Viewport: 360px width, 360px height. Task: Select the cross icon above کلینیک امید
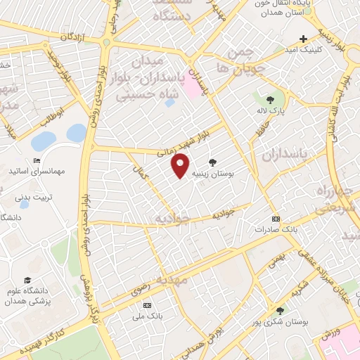click(x=303, y=39)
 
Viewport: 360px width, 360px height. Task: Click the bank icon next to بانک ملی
click(x=147, y=305)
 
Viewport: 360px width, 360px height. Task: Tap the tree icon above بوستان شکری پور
click(x=280, y=310)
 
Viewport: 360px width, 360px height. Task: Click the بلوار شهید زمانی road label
click(x=188, y=140)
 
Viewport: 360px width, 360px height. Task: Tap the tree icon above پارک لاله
click(x=270, y=100)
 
